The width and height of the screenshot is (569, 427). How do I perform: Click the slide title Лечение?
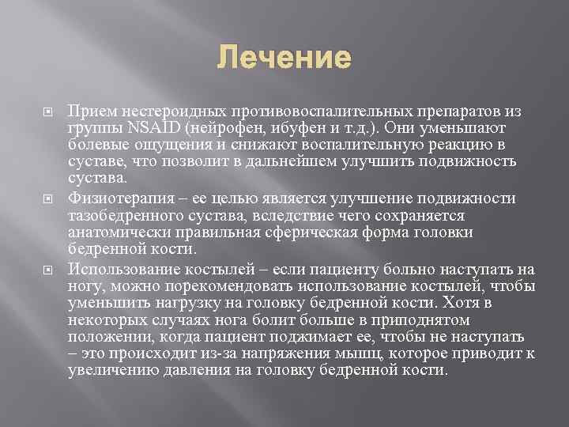284,58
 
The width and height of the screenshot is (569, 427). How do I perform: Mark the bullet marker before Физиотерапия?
47,198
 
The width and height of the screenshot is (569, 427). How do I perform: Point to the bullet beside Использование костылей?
47,269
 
